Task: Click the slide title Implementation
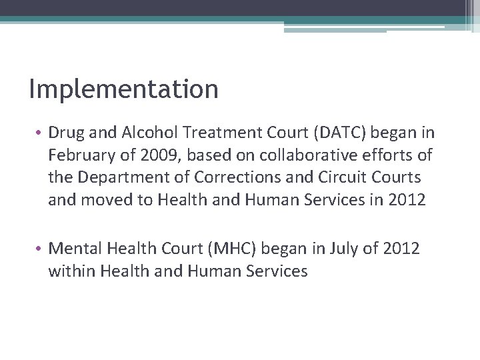(x=124, y=89)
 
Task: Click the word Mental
(x=73, y=249)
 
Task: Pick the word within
(x=70, y=270)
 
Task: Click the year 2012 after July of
(x=398, y=249)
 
